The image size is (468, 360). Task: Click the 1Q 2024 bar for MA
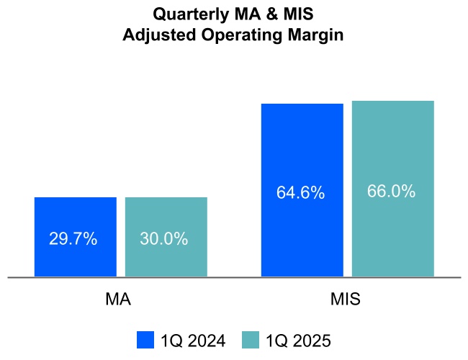click(x=75, y=216)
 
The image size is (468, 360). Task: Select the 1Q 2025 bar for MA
click(x=166, y=216)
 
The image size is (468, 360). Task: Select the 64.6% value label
click(x=300, y=194)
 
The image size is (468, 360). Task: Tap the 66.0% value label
click(x=392, y=192)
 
